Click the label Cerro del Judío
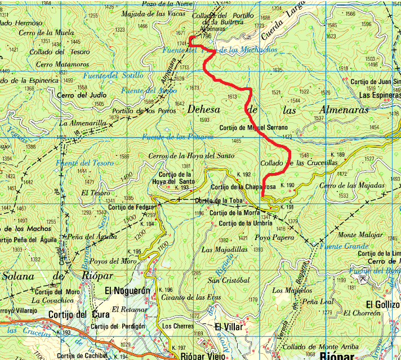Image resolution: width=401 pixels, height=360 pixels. [x=82, y=95]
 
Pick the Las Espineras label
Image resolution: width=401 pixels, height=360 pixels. [x=380, y=95]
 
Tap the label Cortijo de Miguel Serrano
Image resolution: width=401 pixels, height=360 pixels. [x=249, y=127]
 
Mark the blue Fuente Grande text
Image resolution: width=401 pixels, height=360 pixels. [x=344, y=246]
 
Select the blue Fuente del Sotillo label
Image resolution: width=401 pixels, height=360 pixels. [x=113, y=75]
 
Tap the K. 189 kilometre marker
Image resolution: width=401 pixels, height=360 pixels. [x=337, y=154]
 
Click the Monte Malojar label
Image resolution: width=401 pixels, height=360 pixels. [x=359, y=235]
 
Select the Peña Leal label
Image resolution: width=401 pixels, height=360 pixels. [x=319, y=301]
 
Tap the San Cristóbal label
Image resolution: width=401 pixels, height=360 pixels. [x=229, y=280]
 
